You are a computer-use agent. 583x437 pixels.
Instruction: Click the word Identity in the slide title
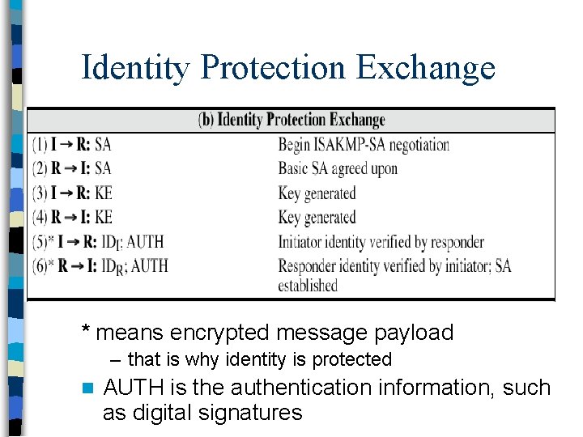coord(134,68)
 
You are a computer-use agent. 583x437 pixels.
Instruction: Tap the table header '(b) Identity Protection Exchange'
coord(291,121)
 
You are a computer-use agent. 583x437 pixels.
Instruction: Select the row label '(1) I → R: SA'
coord(72,145)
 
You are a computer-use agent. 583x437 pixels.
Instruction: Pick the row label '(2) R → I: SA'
coord(72,168)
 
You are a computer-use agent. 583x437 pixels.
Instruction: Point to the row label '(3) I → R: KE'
coord(72,193)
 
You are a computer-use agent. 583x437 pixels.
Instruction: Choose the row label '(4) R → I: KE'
coord(72,217)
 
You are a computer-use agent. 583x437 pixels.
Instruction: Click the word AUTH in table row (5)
coord(145,241)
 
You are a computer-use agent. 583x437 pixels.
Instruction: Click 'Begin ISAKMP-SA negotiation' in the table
coord(364,145)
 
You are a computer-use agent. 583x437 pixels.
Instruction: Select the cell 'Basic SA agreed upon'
coord(338,168)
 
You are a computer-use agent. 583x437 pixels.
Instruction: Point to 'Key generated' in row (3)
coord(317,193)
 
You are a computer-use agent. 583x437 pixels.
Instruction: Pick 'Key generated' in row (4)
coord(317,217)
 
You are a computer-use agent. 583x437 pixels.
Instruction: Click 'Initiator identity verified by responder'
coord(381,241)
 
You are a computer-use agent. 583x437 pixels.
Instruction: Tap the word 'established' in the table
coord(308,285)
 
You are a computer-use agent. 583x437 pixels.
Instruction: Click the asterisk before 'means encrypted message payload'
coord(86,330)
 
